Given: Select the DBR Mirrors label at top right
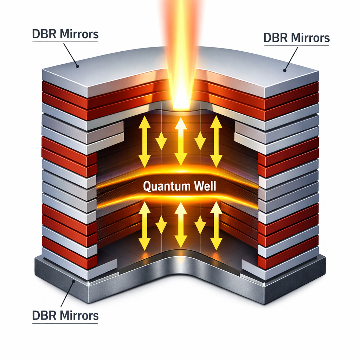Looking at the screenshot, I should point(296,38).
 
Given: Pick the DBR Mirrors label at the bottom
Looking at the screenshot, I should point(65,315).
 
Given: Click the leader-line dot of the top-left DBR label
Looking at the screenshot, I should point(77,65).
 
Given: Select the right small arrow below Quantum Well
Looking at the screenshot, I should point(200,225).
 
